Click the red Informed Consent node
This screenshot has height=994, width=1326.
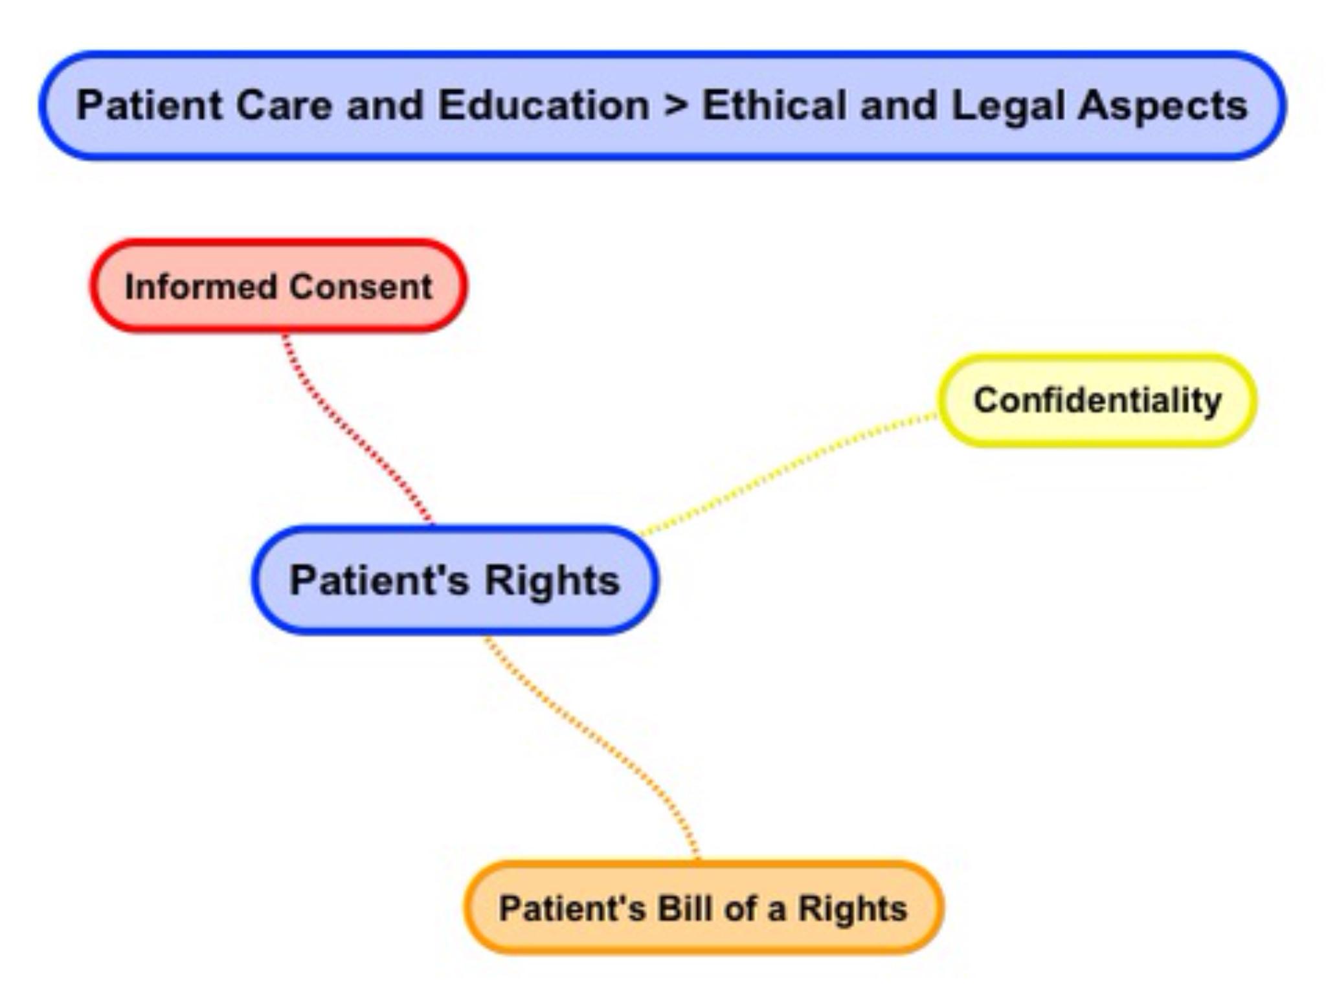(278, 286)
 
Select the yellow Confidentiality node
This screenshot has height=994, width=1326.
(1097, 400)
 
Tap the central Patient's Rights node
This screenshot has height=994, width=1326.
(455, 579)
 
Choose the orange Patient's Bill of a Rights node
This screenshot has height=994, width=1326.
(704, 907)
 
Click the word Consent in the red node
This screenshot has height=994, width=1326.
(361, 287)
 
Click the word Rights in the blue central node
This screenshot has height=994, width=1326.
(552, 580)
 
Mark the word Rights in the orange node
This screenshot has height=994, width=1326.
(852, 909)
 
